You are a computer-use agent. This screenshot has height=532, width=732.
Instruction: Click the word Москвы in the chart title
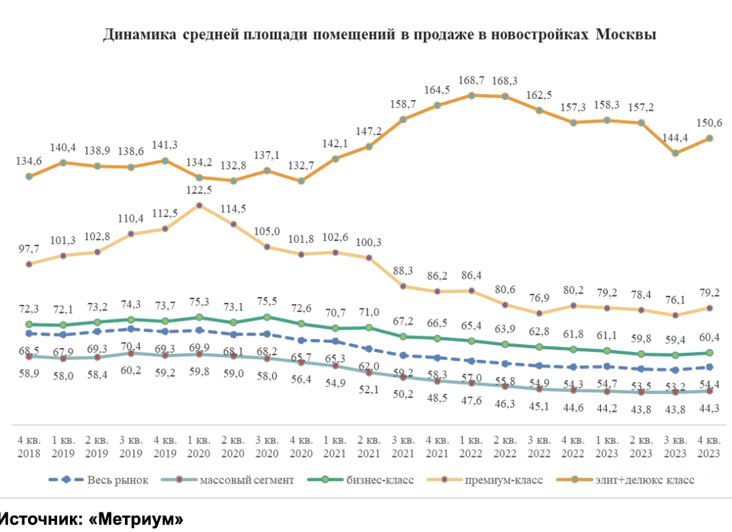click(x=626, y=35)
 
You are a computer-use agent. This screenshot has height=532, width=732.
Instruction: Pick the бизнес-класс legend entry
click(x=381, y=480)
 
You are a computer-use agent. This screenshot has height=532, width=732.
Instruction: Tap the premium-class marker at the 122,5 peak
click(x=199, y=205)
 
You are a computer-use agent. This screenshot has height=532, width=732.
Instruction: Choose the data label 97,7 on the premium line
click(x=28, y=249)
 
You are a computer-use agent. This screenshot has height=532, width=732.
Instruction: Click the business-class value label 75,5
click(x=267, y=302)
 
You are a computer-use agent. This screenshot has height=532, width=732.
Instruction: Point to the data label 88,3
click(x=403, y=271)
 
